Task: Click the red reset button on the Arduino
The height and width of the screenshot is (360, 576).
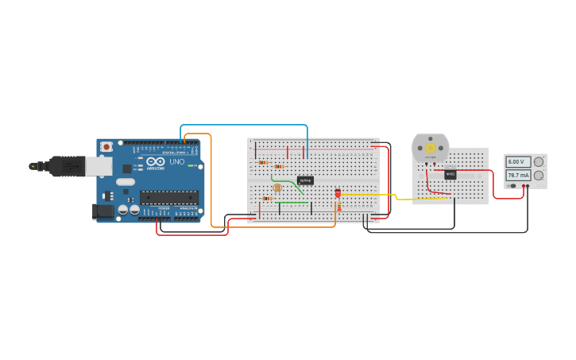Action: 106,147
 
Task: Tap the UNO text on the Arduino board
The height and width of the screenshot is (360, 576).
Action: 176,162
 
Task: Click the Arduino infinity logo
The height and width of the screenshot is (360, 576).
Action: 155,161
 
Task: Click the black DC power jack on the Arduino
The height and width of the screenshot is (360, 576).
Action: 102,211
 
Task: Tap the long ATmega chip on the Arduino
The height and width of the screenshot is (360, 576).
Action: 169,197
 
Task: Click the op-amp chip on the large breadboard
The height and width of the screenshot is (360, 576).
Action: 305,180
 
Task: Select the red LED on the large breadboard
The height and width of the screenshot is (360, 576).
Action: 338,192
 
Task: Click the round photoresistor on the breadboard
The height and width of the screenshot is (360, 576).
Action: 276,188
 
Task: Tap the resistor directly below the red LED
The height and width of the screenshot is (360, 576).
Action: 339,206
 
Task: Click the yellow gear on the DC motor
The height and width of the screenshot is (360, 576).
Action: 431,148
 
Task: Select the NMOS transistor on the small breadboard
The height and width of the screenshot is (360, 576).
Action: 450,174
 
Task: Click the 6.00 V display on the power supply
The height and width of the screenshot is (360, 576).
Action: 518,162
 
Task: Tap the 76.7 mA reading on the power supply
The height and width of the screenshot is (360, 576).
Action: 518,175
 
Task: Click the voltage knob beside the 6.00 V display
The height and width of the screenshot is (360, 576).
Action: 539,162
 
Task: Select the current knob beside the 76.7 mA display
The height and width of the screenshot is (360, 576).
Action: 539,175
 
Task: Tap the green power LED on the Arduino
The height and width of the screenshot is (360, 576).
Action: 191,165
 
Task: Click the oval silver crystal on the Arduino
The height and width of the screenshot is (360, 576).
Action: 126,182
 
